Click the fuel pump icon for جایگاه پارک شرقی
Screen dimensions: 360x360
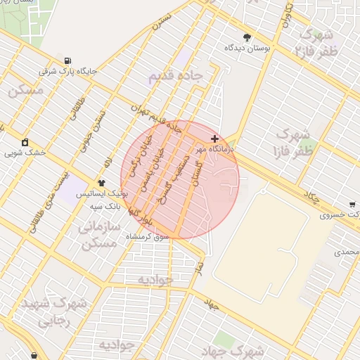click(x=67, y=60)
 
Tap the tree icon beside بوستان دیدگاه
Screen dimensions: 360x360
click(x=247, y=37)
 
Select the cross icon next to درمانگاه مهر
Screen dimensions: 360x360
click(x=214, y=139)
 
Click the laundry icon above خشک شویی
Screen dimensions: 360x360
click(x=25, y=142)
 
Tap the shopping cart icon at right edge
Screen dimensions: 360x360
click(x=352, y=205)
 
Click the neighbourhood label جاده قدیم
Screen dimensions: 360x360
click(x=176, y=76)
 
